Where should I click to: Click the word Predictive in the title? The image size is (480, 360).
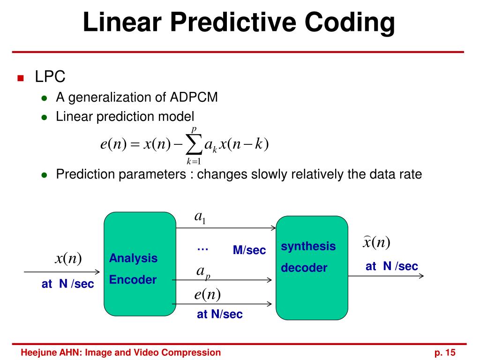[x=233, y=22]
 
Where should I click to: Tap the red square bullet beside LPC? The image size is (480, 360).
[x=21, y=78]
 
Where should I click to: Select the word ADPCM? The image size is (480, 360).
[x=194, y=97]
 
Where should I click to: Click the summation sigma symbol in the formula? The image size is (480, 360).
[x=194, y=145]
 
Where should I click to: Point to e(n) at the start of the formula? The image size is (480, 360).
[x=113, y=144]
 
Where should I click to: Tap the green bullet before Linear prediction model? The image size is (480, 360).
[x=45, y=118]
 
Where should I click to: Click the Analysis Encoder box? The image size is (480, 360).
[x=140, y=264]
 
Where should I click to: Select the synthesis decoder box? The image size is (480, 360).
[x=312, y=268]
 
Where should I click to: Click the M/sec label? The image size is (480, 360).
[x=249, y=250]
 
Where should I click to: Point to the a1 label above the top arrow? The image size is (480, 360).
[x=200, y=217]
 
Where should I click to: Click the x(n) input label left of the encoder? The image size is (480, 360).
[x=68, y=258]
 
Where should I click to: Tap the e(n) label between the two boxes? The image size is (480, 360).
[x=208, y=294]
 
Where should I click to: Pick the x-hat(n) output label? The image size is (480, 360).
[x=376, y=242]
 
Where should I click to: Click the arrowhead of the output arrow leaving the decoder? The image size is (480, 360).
[x=422, y=276]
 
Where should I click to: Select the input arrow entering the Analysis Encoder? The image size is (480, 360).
[x=62, y=272]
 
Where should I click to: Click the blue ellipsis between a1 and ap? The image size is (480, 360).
[x=202, y=249]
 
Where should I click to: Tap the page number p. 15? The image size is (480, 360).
[x=445, y=352]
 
